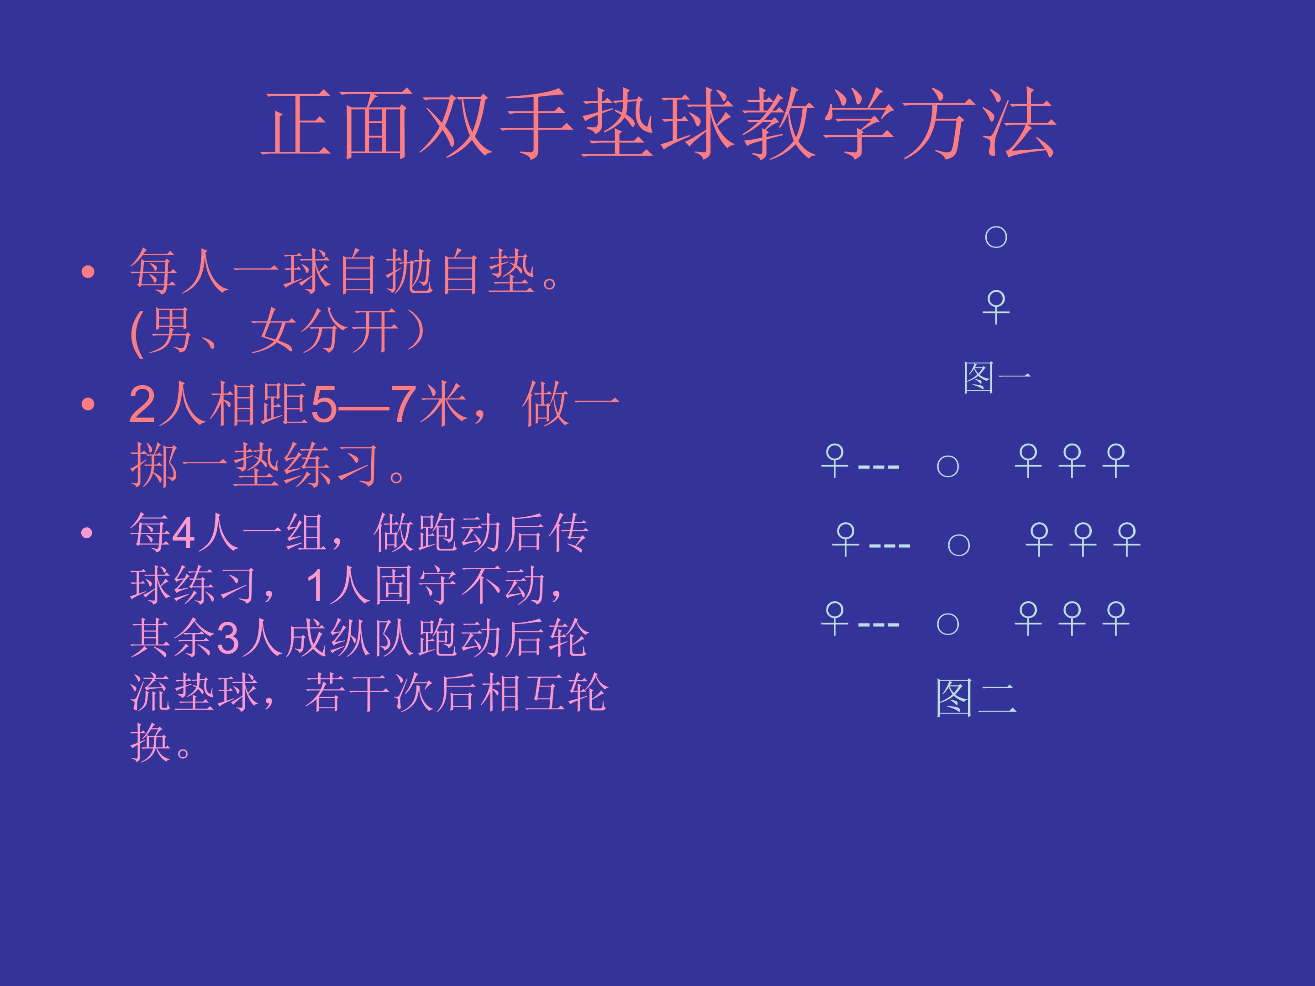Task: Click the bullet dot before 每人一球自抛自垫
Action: (x=88, y=272)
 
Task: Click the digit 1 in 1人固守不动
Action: (x=315, y=585)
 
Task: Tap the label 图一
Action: (x=996, y=378)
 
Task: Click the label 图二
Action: (x=976, y=698)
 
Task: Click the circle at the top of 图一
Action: (x=996, y=237)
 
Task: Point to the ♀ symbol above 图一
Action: (x=996, y=307)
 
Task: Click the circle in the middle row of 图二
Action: (x=958, y=545)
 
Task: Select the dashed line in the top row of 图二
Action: (x=878, y=467)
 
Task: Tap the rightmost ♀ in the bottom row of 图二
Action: (x=1116, y=618)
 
